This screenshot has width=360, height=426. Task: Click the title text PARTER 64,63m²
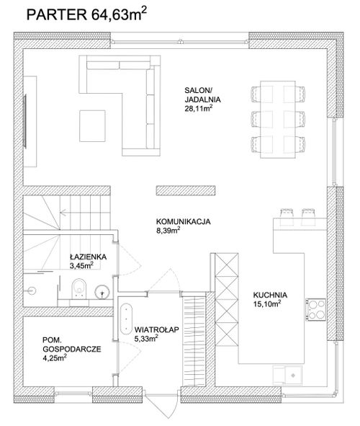click(x=86, y=14)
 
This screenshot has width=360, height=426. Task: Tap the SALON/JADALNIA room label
click(x=202, y=94)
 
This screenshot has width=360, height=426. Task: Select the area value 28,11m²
click(x=198, y=109)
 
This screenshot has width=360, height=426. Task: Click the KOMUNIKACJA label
click(x=183, y=221)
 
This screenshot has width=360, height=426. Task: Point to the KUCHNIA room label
click(x=270, y=295)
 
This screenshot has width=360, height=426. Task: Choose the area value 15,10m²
click(x=267, y=303)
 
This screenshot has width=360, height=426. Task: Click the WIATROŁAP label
click(x=156, y=329)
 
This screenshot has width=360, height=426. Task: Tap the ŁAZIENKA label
click(x=88, y=257)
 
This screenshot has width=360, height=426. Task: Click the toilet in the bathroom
click(x=79, y=289)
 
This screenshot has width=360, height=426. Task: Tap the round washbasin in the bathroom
click(x=102, y=292)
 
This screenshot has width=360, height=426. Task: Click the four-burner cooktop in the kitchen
click(x=316, y=309)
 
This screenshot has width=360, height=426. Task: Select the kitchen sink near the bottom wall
click(x=287, y=376)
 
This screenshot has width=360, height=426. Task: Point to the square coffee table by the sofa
click(x=92, y=126)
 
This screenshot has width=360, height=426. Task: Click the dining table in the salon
click(x=278, y=120)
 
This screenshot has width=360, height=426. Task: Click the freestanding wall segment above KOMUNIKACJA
click(x=186, y=190)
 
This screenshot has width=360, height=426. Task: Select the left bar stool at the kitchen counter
click(x=287, y=217)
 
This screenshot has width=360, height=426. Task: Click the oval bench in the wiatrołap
click(x=127, y=319)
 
